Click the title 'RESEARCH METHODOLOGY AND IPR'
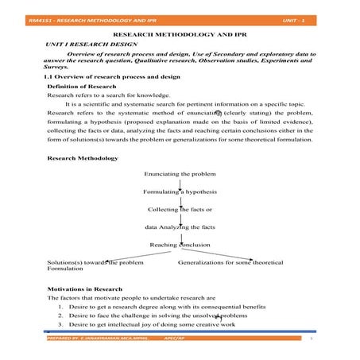180,37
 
